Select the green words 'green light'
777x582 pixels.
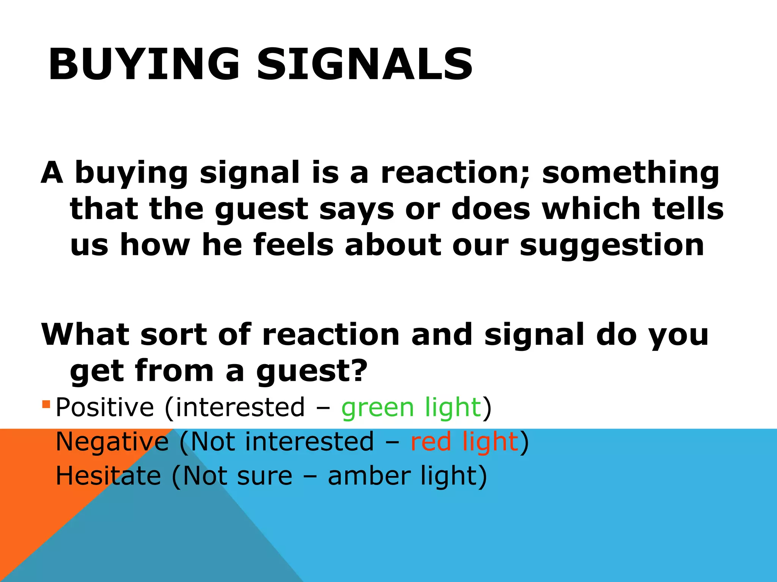[x=411, y=408]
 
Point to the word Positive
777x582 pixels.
[x=105, y=408]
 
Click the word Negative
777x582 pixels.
[x=112, y=442]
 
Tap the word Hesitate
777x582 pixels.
[x=108, y=476]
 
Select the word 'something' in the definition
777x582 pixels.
[x=630, y=173]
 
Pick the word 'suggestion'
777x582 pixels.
[x=612, y=246]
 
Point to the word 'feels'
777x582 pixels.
[x=293, y=246]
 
